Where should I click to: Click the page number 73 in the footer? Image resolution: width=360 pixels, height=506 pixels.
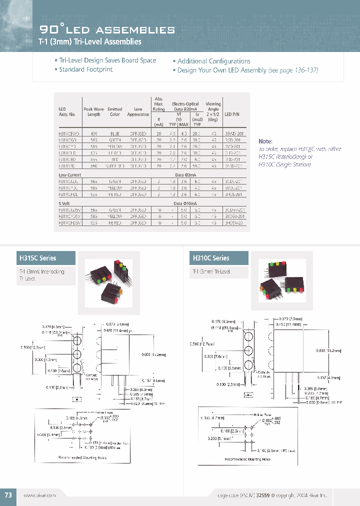pos(8,494)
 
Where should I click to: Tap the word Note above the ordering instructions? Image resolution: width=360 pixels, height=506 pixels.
pos(265,141)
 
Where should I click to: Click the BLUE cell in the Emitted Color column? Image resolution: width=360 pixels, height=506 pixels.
pos(114,134)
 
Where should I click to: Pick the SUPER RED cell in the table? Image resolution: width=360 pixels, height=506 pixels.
pos(114,165)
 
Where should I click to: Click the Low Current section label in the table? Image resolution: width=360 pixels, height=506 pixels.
pos(70,175)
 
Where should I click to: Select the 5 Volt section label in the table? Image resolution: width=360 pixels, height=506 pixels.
pos(65,203)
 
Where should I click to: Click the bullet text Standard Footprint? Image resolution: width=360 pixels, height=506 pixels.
pos(85,69)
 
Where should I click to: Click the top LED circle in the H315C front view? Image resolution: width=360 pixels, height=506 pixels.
pos(77,342)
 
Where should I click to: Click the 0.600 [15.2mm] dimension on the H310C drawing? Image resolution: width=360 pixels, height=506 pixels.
pos(328,351)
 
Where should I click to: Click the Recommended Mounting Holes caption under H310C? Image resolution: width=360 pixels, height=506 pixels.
pos(247,458)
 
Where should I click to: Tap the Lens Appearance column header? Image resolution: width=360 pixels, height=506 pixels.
pos(138,111)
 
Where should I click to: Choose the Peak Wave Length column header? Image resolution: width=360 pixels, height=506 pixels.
pos(94,111)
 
